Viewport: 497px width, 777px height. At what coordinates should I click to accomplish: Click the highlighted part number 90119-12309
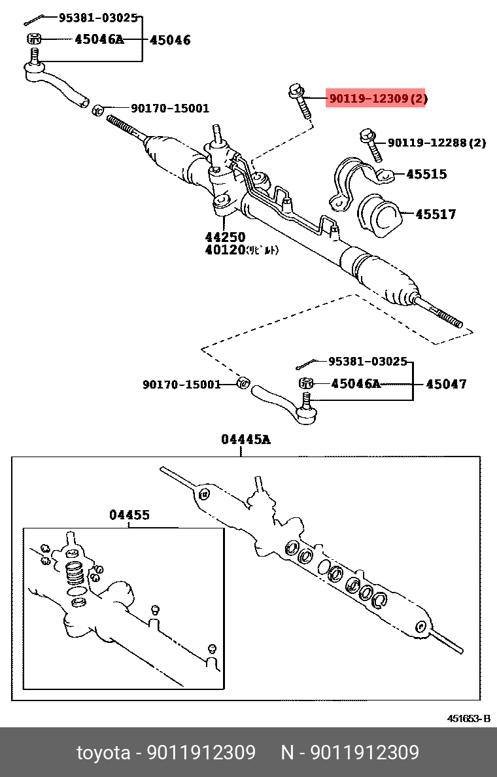point(376,99)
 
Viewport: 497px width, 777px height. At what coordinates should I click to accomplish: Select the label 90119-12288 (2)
point(436,143)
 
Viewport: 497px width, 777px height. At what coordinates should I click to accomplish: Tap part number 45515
point(426,174)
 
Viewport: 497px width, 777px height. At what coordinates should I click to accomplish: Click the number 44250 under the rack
point(224,237)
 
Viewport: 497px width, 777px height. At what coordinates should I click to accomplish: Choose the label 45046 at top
point(170,40)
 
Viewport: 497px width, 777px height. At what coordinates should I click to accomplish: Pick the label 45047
point(446,384)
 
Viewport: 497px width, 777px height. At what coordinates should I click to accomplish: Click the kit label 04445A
point(245,440)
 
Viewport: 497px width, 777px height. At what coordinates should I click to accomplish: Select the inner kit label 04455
point(129,515)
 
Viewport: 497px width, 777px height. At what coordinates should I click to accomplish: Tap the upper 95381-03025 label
point(98,18)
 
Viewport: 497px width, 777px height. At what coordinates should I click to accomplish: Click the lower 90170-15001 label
point(182,385)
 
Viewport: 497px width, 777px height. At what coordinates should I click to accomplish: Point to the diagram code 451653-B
point(468,719)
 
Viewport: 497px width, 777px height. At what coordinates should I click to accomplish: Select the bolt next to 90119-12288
point(370,146)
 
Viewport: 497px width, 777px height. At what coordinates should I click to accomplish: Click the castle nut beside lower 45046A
point(304,384)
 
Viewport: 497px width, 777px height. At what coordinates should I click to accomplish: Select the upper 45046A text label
point(98,39)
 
